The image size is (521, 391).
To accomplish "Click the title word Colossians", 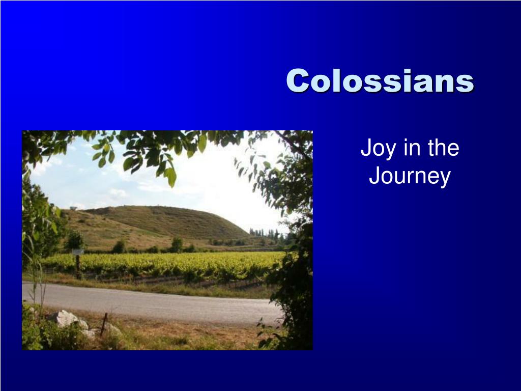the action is (x=380, y=80).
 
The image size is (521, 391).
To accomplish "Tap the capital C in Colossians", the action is (x=298, y=80).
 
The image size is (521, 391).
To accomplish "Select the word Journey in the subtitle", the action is (x=410, y=177).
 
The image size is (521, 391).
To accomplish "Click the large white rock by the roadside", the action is (x=68, y=318).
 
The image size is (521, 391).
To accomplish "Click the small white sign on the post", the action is (x=78, y=252).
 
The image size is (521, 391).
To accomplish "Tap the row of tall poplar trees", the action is (x=266, y=234).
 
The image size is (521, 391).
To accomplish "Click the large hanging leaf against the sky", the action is (x=170, y=176).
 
